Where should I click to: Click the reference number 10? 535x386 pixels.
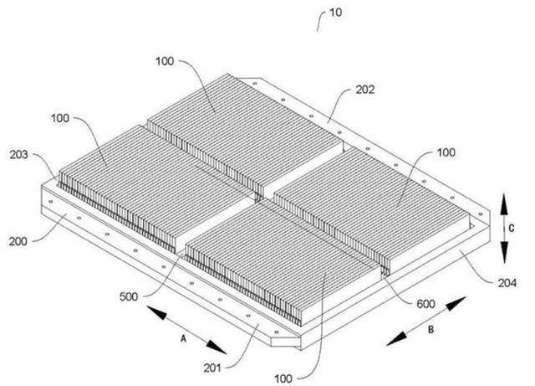point(335,13)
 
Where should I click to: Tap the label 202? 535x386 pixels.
point(365,90)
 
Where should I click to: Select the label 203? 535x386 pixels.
point(18,155)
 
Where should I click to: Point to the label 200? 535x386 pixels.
point(18,241)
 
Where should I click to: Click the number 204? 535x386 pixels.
point(507,283)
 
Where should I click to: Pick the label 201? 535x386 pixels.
point(212,368)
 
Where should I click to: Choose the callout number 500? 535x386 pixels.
point(129,296)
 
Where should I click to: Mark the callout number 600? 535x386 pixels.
point(425,304)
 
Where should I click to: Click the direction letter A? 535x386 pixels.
point(184,338)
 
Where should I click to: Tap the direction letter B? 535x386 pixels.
point(431,330)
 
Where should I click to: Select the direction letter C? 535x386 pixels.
point(511,228)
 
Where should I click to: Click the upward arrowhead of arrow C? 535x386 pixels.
point(504,204)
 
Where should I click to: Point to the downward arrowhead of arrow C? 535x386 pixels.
point(504,252)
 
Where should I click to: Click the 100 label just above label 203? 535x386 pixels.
point(60,118)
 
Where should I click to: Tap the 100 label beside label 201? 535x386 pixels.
point(283,378)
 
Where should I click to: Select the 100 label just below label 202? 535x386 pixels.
point(446,152)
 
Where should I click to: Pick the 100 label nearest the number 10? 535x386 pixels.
point(165,61)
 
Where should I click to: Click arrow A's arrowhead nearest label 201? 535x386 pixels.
point(217,347)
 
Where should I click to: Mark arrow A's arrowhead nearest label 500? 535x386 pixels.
point(157,313)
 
